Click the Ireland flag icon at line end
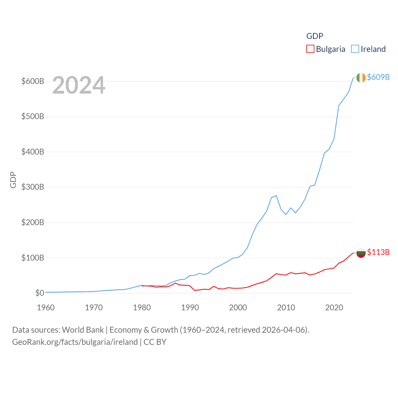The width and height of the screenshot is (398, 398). [361, 78]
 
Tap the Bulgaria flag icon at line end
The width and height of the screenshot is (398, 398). [361, 253]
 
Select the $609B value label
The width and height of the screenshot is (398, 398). [378, 77]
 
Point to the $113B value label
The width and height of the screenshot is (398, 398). [378, 252]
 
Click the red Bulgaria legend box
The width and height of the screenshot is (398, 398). [310, 49]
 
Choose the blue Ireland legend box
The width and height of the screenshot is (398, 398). [355, 49]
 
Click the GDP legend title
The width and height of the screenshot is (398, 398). [315, 36]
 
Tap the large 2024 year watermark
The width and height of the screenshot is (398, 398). [79, 85]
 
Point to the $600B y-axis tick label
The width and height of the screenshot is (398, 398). [33, 81]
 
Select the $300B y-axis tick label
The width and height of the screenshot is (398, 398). [33, 187]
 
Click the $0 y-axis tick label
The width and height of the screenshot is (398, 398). [39, 293]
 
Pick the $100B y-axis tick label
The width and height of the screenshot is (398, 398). [33, 258]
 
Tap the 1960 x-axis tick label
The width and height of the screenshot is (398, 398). [46, 308]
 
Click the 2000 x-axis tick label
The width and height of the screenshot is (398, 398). [238, 308]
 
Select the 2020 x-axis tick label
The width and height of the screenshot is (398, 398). [334, 308]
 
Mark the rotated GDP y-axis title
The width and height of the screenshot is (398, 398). [13, 180]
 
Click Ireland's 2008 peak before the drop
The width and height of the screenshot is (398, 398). [276, 196]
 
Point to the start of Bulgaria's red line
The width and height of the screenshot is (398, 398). [142, 286]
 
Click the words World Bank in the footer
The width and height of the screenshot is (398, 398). [83, 330]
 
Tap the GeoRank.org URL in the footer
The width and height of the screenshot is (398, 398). [75, 342]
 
